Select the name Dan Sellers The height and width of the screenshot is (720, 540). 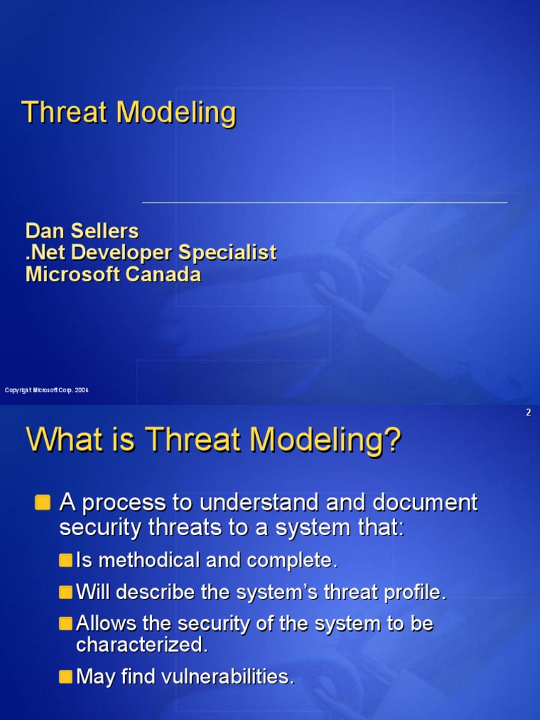click(82, 231)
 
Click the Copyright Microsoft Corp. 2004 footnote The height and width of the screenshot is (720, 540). click(46, 390)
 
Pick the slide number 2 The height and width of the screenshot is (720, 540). click(528, 413)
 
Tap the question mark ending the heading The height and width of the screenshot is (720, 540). click(393, 441)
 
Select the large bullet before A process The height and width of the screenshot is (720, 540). click(43, 502)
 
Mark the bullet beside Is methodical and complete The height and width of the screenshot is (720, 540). click(65, 560)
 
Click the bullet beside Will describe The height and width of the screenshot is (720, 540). click(65, 592)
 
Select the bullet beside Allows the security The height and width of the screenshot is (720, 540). click(65, 624)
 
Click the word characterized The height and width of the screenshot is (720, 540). click(142, 644)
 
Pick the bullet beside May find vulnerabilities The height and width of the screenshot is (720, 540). click(65, 676)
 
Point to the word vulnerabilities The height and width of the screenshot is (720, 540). click(228, 676)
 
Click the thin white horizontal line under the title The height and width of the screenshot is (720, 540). click(324, 202)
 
